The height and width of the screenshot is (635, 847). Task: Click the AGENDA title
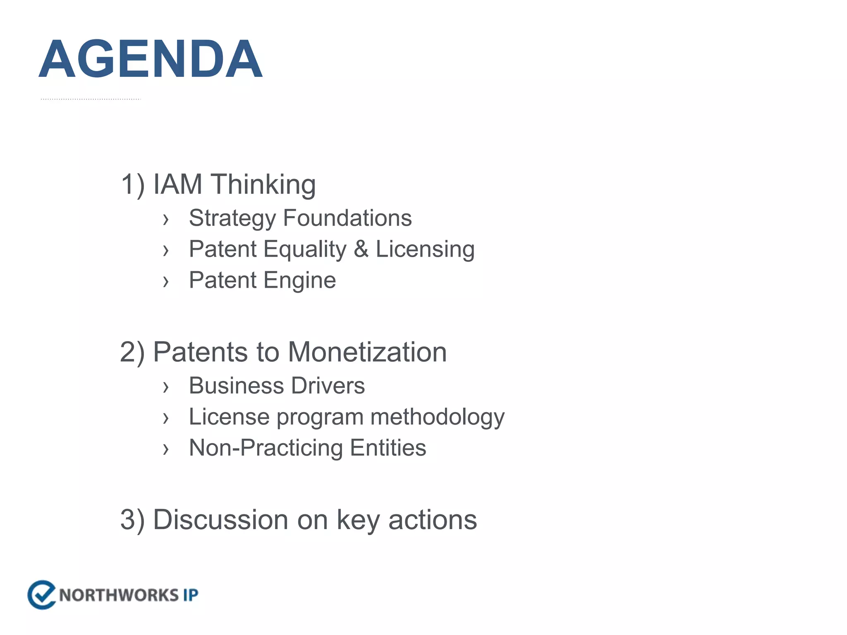pyautogui.click(x=151, y=59)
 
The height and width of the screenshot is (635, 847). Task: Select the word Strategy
pyautogui.click(x=232, y=218)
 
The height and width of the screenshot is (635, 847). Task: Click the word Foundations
pyautogui.click(x=347, y=218)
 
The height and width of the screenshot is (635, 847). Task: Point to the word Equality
pyautogui.click(x=305, y=249)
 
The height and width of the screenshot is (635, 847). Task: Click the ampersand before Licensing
pyautogui.click(x=361, y=249)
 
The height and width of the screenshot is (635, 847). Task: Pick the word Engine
pyautogui.click(x=299, y=280)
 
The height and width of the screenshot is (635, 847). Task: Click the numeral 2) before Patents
pyautogui.click(x=132, y=352)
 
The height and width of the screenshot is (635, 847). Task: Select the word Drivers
pyautogui.click(x=328, y=386)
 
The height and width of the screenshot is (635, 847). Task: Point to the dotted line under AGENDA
pyautogui.click(x=91, y=99)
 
